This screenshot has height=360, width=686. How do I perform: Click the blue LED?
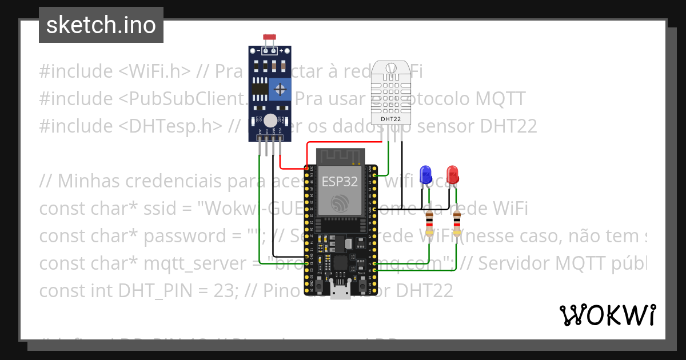click(425, 173)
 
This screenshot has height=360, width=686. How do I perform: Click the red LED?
click(452, 173)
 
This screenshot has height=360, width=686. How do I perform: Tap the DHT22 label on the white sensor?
click(391, 119)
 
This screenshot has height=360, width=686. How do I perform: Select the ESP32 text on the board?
click(340, 182)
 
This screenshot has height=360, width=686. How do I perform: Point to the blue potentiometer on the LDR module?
click(280, 89)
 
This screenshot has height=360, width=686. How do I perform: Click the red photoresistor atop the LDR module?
click(269, 38)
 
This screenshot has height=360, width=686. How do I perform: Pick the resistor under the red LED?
click(457, 223)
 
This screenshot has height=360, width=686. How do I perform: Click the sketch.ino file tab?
click(101, 25)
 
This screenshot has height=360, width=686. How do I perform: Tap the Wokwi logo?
click(607, 315)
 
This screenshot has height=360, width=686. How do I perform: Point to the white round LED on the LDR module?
click(270, 120)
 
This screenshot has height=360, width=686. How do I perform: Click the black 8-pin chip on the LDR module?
click(260, 89)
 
